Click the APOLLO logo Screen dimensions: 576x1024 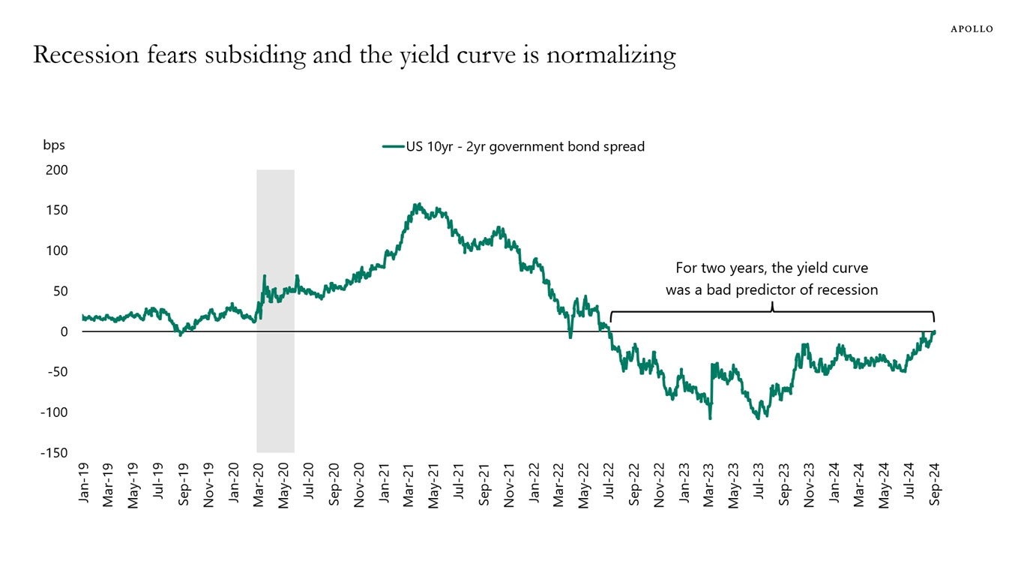[972, 28]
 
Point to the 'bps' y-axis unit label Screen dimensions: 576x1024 [54, 145]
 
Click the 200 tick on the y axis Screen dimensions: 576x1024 [57, 170]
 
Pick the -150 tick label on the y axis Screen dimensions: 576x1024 [55, 453]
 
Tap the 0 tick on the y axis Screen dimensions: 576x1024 [64, 331]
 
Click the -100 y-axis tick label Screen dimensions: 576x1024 [55, 412]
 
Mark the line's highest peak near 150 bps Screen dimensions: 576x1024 [418, 204]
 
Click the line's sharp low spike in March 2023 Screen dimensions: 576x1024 [710, 418]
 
